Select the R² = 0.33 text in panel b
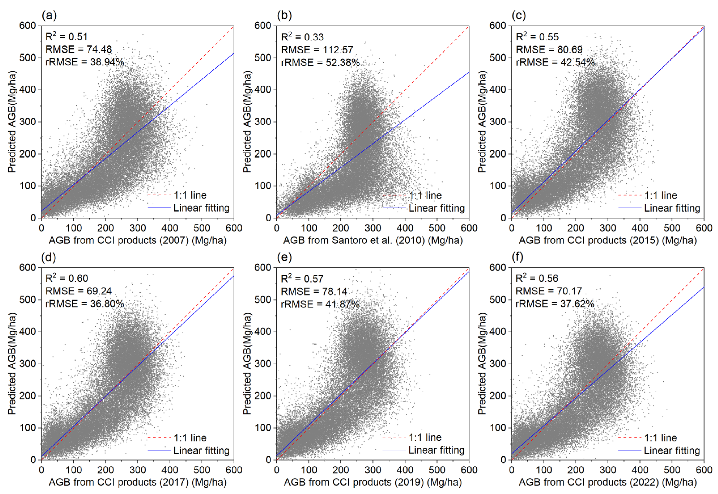(x=302, y=37)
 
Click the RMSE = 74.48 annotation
(x=79, y=49)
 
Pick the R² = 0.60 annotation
(x=67, y=278)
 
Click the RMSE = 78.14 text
(x=314, y=291)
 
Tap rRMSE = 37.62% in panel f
(x=555, y=304)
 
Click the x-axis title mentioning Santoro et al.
(x=373, y=240)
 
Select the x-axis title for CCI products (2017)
(x=138, y=482)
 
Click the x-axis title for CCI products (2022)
(x=608, y=482)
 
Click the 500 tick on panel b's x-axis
(x=437, y=228)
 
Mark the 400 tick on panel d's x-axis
(x=170, y=470)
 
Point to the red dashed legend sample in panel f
(x=629, y=438)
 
